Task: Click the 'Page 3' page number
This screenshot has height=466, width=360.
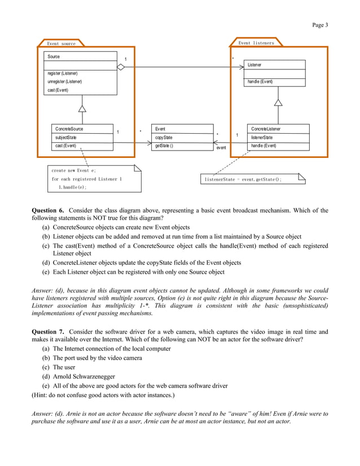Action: (319, 25)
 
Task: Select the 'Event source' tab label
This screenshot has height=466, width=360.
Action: (60, 43)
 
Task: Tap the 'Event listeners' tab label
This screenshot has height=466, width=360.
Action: (256, 43)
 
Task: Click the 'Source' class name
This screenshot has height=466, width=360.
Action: (54, 57)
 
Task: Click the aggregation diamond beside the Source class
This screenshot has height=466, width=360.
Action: (120, 67)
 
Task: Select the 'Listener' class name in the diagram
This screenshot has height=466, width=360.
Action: (254, 65)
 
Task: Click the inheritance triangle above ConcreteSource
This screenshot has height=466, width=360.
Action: (82, 108)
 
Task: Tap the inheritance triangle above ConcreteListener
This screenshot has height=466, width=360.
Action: (278, 103)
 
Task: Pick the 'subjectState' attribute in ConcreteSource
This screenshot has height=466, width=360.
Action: (66, 138)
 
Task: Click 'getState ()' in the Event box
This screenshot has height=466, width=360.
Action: (164, 146)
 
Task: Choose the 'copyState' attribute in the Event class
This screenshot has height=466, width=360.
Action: (164, 138)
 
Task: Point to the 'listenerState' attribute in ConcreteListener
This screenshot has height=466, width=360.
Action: (262, 138)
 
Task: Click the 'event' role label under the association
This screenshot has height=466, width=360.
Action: (221, 148)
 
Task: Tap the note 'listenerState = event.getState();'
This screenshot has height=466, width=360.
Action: (243, 179)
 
